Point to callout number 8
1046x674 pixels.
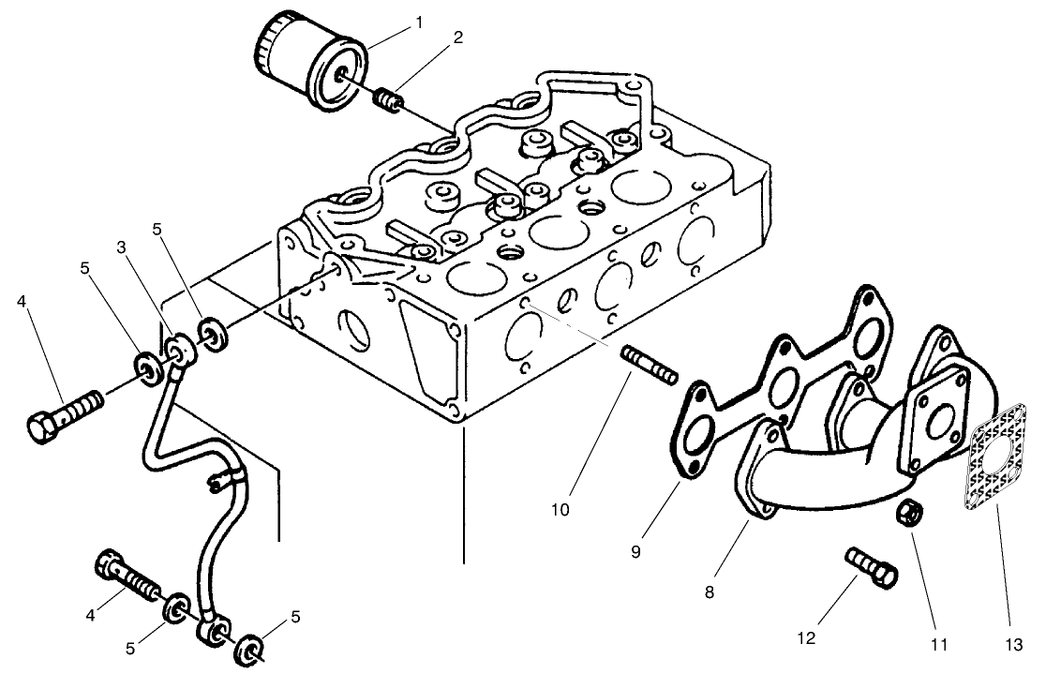(x=710, y=592)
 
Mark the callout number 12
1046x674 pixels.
(x=807, y=639)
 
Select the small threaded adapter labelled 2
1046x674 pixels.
(x=387, y=97)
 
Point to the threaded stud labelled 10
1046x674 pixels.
(x=648, y=365)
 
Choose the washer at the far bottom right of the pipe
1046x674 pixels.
(x=249, y=648)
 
